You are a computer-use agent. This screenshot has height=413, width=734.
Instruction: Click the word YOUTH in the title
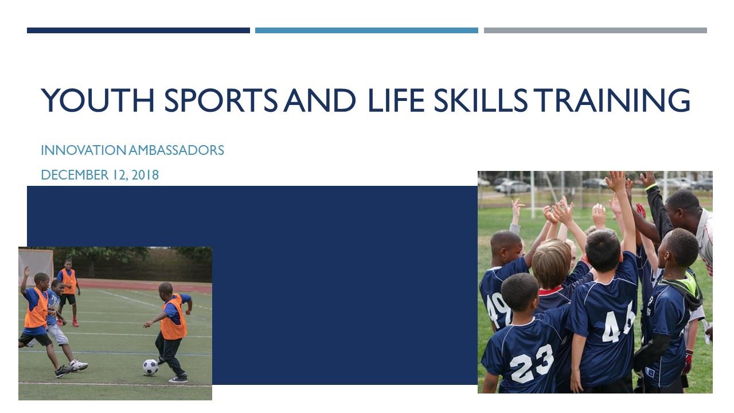point(98,101)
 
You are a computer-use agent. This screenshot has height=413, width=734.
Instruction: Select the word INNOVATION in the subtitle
point(84,150)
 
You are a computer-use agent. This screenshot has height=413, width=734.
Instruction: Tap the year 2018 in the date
point(145,175)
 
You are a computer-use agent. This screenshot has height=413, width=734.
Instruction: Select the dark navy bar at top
point(138,30)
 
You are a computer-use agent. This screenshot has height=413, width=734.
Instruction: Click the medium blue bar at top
point(366,30)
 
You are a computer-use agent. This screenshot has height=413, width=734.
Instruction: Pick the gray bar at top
point(595,30)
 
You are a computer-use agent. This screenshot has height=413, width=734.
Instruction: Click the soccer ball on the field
point(150,367)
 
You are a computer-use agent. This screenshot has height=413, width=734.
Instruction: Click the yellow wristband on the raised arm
point(650,186)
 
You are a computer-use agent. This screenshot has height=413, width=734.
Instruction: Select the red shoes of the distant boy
point(75,323)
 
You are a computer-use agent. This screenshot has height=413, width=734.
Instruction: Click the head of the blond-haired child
point(552,262)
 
